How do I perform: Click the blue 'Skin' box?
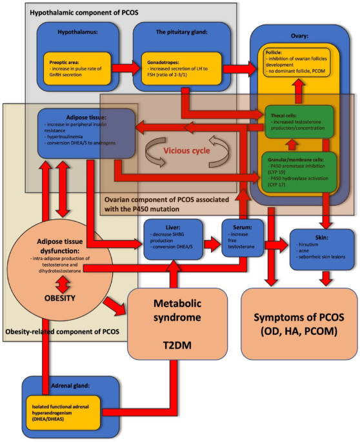(x=321, y=248)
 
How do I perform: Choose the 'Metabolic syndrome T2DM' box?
(x=177, y=323)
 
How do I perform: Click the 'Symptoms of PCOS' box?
(x=299, y=323)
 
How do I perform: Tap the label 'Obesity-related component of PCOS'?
(x=65, y=332)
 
